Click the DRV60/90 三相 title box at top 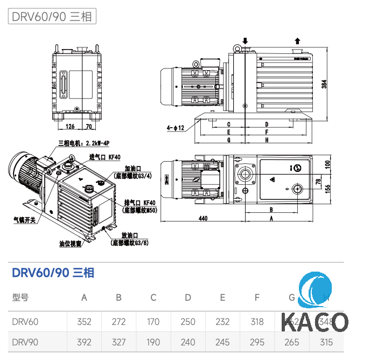pos(52,16)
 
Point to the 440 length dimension pos(203,218)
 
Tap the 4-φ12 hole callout pos(176,128)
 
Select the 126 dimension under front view pos(70,127)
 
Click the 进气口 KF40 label pos(104,157)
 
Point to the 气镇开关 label pos(24,220)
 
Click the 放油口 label pos(129,236)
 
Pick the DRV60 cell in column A pos(84,322)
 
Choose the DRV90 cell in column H pos(326,342)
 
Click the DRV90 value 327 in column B pos(118,342)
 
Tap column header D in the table pos(187,297)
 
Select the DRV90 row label pos(25,342)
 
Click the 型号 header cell pos(20,297)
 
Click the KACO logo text pos(315,322)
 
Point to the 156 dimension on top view pos(327,187)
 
